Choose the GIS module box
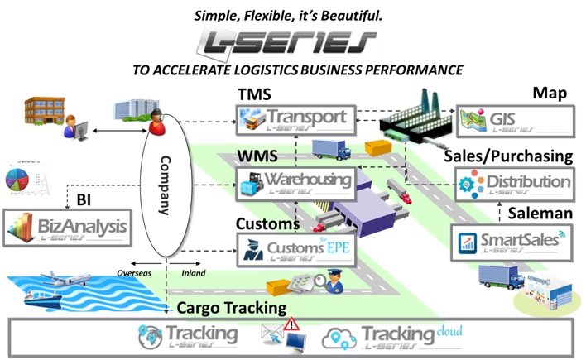[512, 118]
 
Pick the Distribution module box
[512, 183]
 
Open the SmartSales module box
[512, 242]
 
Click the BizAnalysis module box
[67, 225]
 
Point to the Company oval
[164, 186]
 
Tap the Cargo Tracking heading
[232, 308]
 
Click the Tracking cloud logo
[390, 336]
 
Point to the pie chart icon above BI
[23, 178]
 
